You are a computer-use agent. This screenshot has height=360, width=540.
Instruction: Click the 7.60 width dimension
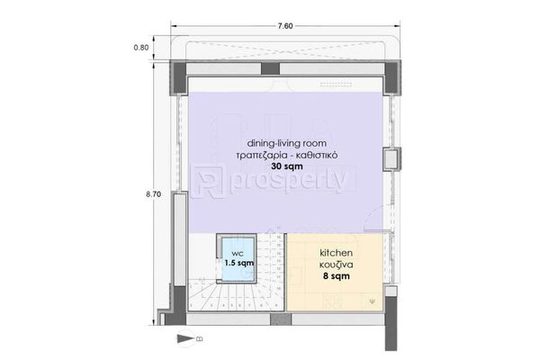(285, 26)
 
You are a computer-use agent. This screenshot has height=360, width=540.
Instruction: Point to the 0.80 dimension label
(141, 48)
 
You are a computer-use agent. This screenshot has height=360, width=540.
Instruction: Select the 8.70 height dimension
(153, 194)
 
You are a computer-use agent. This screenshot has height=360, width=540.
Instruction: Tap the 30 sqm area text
(287, 166)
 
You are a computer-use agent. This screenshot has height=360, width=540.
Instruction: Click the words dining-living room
(287, 143)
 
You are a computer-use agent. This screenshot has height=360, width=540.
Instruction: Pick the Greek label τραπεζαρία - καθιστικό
(287, 155)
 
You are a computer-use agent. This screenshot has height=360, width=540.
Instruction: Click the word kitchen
(336, 253)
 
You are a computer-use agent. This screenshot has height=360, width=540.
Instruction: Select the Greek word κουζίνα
(336, 265)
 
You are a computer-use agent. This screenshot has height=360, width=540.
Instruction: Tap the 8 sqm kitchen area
(336, 276)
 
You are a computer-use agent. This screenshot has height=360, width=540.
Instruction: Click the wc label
(238, 254)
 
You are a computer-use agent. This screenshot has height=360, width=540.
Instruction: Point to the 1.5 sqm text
(239, 263)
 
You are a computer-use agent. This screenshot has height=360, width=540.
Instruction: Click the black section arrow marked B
(185, 338)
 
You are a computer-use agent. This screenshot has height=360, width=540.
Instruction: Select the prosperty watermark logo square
(207, 182)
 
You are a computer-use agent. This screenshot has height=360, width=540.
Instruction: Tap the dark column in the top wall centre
(270, 68)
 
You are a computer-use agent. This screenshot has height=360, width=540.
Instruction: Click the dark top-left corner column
(179, 77)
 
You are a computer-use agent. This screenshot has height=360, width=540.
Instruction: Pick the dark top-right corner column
(392, 77)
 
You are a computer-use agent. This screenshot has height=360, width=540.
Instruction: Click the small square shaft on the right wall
(391, 159)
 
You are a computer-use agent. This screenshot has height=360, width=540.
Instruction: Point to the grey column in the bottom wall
(281, 319)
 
